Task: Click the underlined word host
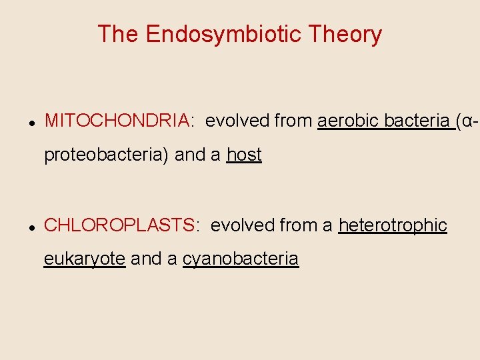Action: pyautogui.click(x=244, y=155)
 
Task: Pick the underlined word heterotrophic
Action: pyautogui.click(x=393, y=225)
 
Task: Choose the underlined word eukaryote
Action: pyautogui.click(x=85, y=259)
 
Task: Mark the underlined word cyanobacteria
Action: pyautogui.click(x=241, y=259)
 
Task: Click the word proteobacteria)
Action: pyautogui.click(x=107, y=155)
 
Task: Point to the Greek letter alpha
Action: pyautogui.click(x=469, y=121)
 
